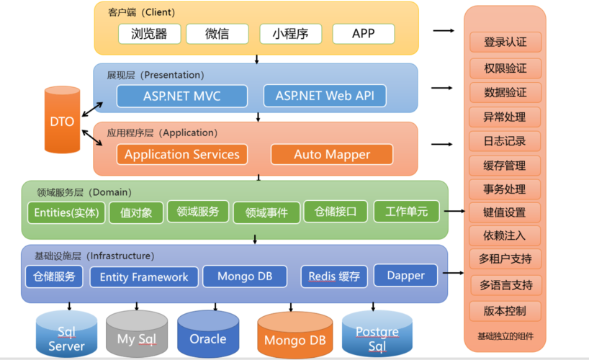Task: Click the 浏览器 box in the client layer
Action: click(149, 34)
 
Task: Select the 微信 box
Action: click(217, 34)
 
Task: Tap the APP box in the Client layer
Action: click(363, 34)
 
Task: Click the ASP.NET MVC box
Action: click(181, 96)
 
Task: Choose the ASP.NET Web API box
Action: click(324, 96)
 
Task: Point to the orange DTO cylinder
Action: click(62, 121)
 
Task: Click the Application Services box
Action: click(181, 154)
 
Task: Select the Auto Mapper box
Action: click(331, 154)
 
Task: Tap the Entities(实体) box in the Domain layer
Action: click(66, 212)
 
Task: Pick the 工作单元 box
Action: click(406, 212)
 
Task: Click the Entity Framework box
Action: click(143, 277)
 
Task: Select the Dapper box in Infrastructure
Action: click(406, 276)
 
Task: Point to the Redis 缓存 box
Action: click(334, 276)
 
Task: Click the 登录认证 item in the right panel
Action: click(505, 42)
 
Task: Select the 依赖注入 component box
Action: click(505, 235)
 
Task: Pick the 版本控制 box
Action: click(505, 311)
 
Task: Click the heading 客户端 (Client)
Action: click(141, 12)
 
